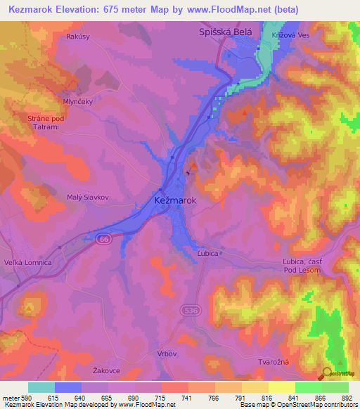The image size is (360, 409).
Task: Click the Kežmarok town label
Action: [x=174, y=201]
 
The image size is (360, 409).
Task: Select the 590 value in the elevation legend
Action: [x=16, y=398]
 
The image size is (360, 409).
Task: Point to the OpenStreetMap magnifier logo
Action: [x=328, y=373]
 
